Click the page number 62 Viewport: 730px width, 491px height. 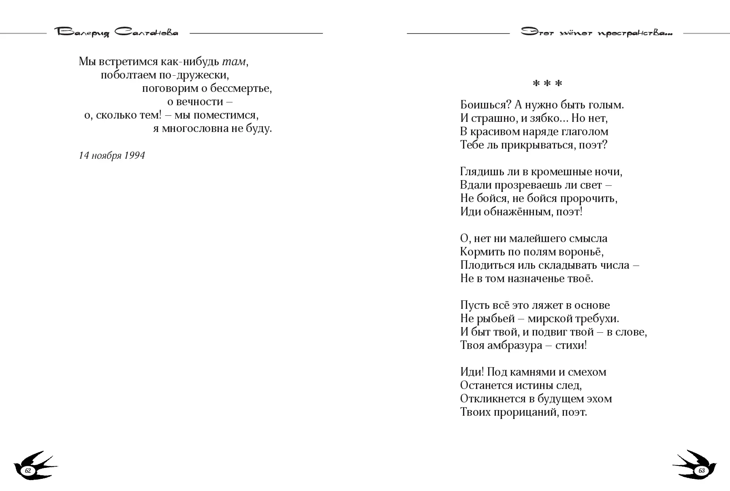point(28,471)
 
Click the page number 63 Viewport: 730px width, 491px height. point(702,471)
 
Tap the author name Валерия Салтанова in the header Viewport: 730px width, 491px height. point(116,33)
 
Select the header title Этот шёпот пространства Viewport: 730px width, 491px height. point(596,33)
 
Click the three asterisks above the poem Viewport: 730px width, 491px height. point(547,84)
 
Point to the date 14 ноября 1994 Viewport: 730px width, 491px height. point(112,156)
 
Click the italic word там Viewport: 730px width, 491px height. point(234,62)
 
